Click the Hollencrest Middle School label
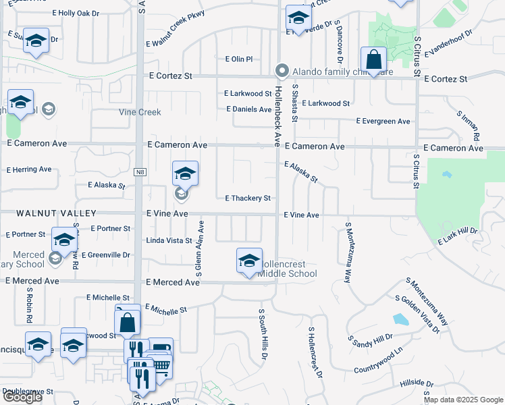coord(288,269)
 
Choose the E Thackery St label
coord(248,198)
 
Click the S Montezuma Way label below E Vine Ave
coord(349,251)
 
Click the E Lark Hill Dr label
coord(457,236)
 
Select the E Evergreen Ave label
coord(383,122)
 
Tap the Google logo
coord(22,397)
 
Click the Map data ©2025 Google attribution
coord(463,400)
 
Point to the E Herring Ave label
coord(29,169)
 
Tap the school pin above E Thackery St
coord(185,174)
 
